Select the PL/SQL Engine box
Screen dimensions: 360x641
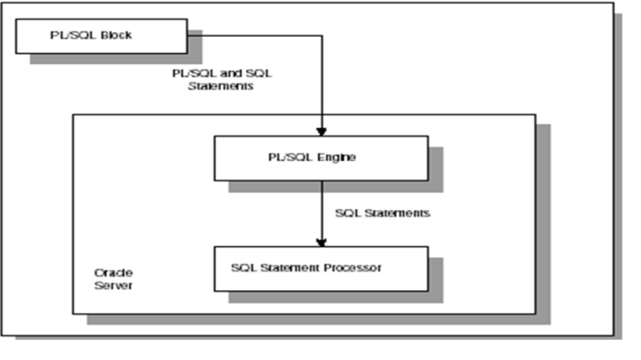320,158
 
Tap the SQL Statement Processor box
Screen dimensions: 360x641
320,268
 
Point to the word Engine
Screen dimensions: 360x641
337,157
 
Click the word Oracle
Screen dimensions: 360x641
110,272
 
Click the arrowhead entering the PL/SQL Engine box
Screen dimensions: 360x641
321,131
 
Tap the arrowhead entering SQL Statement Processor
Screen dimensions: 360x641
321,242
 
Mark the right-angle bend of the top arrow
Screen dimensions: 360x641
321,36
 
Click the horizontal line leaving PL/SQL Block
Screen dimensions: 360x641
256,36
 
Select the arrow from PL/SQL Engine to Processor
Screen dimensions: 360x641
321,211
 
